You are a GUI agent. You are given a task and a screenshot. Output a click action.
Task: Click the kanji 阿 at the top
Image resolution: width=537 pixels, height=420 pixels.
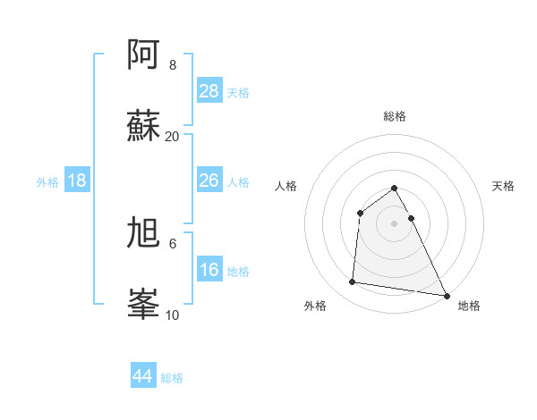click(x=143, y=55)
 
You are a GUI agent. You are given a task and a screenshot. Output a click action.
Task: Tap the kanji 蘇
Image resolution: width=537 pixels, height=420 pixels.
click(x=143, y=125)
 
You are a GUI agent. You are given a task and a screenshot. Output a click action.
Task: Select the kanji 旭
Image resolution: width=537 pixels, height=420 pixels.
click(x=143, y=233)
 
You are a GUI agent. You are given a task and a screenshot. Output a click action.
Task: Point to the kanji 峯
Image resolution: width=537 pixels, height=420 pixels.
click(x=143, y=304)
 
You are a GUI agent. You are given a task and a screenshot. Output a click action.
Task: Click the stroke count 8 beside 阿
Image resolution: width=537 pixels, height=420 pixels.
click(x=173, y=65)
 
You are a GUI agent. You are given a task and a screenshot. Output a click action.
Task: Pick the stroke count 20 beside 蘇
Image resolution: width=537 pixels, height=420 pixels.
click(x=173, y=136)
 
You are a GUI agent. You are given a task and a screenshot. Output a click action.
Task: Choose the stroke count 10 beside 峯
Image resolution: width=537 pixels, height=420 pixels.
click(x=173, y=315)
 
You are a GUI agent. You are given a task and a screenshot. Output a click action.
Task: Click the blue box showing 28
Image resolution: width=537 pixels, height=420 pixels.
click(x=209, y=91)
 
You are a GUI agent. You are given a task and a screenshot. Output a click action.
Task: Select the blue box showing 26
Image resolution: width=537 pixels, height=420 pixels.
click(x=209, y=181)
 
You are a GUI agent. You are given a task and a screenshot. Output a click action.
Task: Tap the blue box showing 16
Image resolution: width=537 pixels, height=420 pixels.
click(x=209, y=270)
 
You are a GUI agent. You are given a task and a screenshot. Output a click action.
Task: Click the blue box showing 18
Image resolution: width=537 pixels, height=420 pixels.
click(x=77, y=181)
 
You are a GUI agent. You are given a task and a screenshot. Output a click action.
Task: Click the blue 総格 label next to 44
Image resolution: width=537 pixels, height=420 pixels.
click(x=172, y=378)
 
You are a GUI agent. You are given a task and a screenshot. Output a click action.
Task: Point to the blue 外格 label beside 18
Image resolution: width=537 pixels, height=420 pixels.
click(x=47, y=182)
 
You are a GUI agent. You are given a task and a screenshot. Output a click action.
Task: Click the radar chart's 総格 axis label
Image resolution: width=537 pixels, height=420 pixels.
click(x=395, y=116)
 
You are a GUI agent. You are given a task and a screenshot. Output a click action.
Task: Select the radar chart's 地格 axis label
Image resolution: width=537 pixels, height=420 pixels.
click(x=469, y=306)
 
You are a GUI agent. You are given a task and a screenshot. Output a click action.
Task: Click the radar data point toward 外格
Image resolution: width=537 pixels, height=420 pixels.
click(x=353, y=282)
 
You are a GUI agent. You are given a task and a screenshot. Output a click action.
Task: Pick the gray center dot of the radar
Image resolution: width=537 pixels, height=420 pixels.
click(x=395, y=223)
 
